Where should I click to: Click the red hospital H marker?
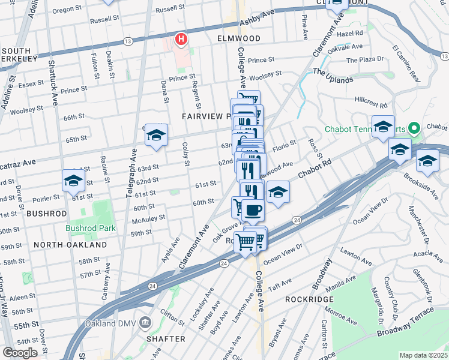pos(181,40)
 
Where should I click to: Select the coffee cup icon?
pos(254,209)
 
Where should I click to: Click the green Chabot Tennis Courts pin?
pos(413,128)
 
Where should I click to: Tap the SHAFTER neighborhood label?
pos(166,339)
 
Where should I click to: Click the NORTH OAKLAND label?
pos(70,245)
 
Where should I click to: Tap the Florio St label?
pos(285,144)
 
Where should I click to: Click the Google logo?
pos(20,352)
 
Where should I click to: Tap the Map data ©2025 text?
pos(423,355)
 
